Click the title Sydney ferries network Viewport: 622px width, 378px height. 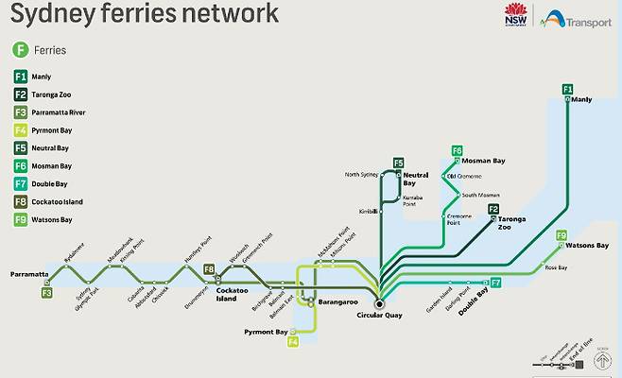[145, 14]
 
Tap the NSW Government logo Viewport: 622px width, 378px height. [515, 16]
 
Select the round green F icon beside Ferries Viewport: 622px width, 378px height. [19, 49]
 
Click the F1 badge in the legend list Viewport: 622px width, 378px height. [20, 77]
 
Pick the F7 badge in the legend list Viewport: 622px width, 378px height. [20, 183]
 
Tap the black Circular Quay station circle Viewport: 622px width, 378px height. [378, 302]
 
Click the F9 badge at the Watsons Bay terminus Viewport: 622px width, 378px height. [562, 235]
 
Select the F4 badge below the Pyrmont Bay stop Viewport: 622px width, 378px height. [293, 341]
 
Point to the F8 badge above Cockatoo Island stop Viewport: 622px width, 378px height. [210, 270]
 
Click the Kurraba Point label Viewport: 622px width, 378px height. [412, 199]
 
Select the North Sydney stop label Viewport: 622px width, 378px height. [361, 175]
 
